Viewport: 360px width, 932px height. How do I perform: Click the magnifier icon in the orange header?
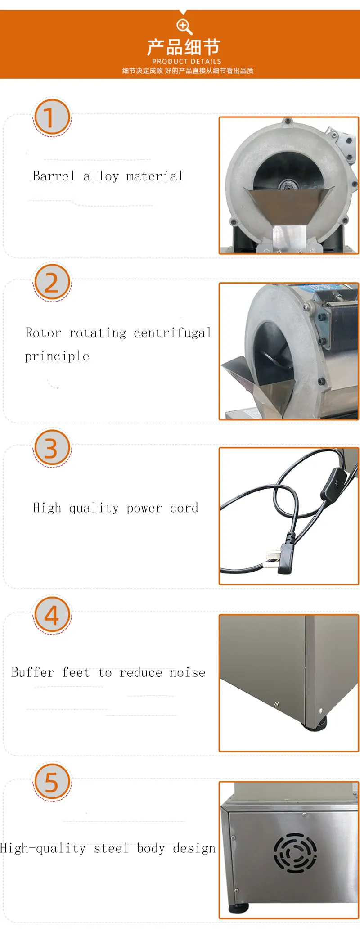184,27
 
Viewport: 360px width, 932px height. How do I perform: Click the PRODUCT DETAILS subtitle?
187,61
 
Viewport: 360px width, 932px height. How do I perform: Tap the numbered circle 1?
52,117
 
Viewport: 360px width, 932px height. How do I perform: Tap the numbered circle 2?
52,282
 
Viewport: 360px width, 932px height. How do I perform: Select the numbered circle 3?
52,448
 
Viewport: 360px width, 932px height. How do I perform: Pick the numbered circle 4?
52,615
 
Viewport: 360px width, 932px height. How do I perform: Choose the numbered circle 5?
52,782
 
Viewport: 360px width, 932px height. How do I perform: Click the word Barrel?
54,176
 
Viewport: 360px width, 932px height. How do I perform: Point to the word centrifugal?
173,333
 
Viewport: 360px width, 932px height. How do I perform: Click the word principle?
57,356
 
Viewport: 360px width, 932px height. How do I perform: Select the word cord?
184,508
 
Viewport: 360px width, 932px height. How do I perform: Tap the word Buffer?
32,672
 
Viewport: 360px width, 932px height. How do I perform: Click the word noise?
188,673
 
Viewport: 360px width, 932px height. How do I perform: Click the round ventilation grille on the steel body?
295,853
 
